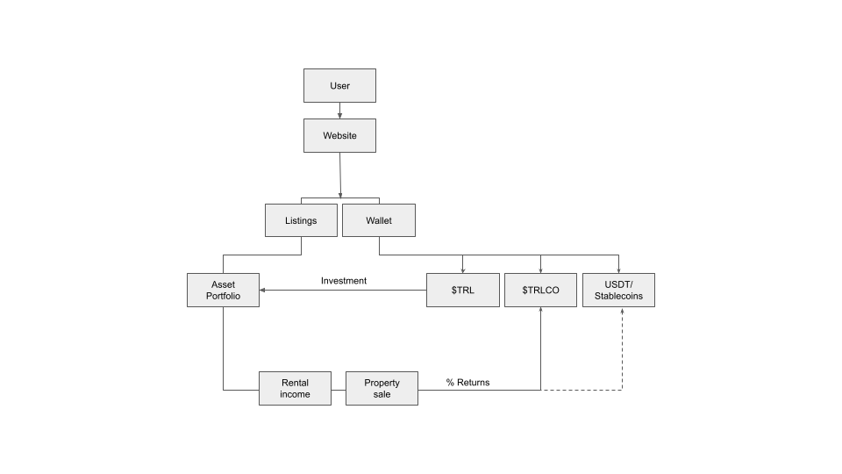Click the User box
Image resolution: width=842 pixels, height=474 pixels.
[339, 86]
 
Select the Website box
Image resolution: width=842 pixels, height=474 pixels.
[339, 136]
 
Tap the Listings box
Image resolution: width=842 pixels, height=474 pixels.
[301, 220]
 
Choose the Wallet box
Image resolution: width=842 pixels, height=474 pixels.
[379, 220]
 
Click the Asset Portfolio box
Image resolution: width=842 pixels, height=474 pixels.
[224, 290]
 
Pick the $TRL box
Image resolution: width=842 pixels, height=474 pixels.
[462, 290]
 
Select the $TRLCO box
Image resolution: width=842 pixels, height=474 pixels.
[540, 290]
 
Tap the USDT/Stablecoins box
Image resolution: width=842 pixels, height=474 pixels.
[618, 290]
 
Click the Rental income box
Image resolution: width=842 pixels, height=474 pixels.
[296, 388]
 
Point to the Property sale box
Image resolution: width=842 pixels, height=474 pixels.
[382, 388]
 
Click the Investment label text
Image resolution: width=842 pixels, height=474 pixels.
[344, 281]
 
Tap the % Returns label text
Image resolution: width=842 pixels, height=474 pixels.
[467, 382]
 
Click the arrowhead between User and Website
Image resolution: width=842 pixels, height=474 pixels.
[339, 115]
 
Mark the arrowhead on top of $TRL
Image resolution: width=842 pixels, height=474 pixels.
[462, 269]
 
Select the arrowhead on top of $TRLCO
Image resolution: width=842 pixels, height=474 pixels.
[540, 269]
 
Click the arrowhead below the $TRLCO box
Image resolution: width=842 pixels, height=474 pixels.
[540, 311]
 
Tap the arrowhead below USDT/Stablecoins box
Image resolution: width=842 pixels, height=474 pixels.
[622, 311]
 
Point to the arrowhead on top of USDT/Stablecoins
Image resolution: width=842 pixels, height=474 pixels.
[619, 269]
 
